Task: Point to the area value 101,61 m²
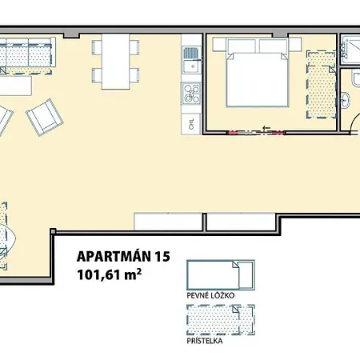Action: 110,275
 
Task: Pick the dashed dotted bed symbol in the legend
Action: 219,320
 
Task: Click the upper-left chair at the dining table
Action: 97,47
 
